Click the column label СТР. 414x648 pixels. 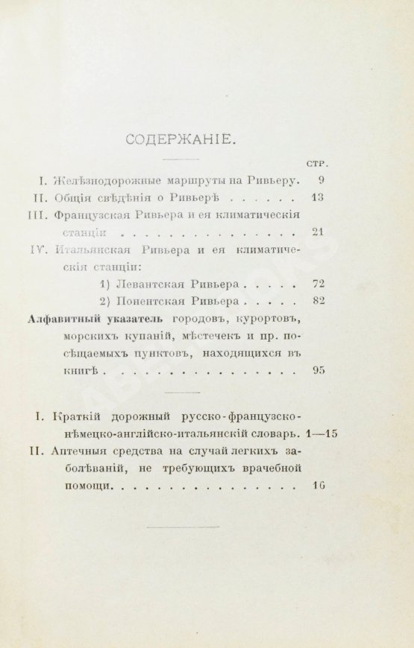(319, 162)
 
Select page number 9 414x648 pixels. (320, 180)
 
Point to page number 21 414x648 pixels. (318, 232)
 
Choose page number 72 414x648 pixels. (317, 284)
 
